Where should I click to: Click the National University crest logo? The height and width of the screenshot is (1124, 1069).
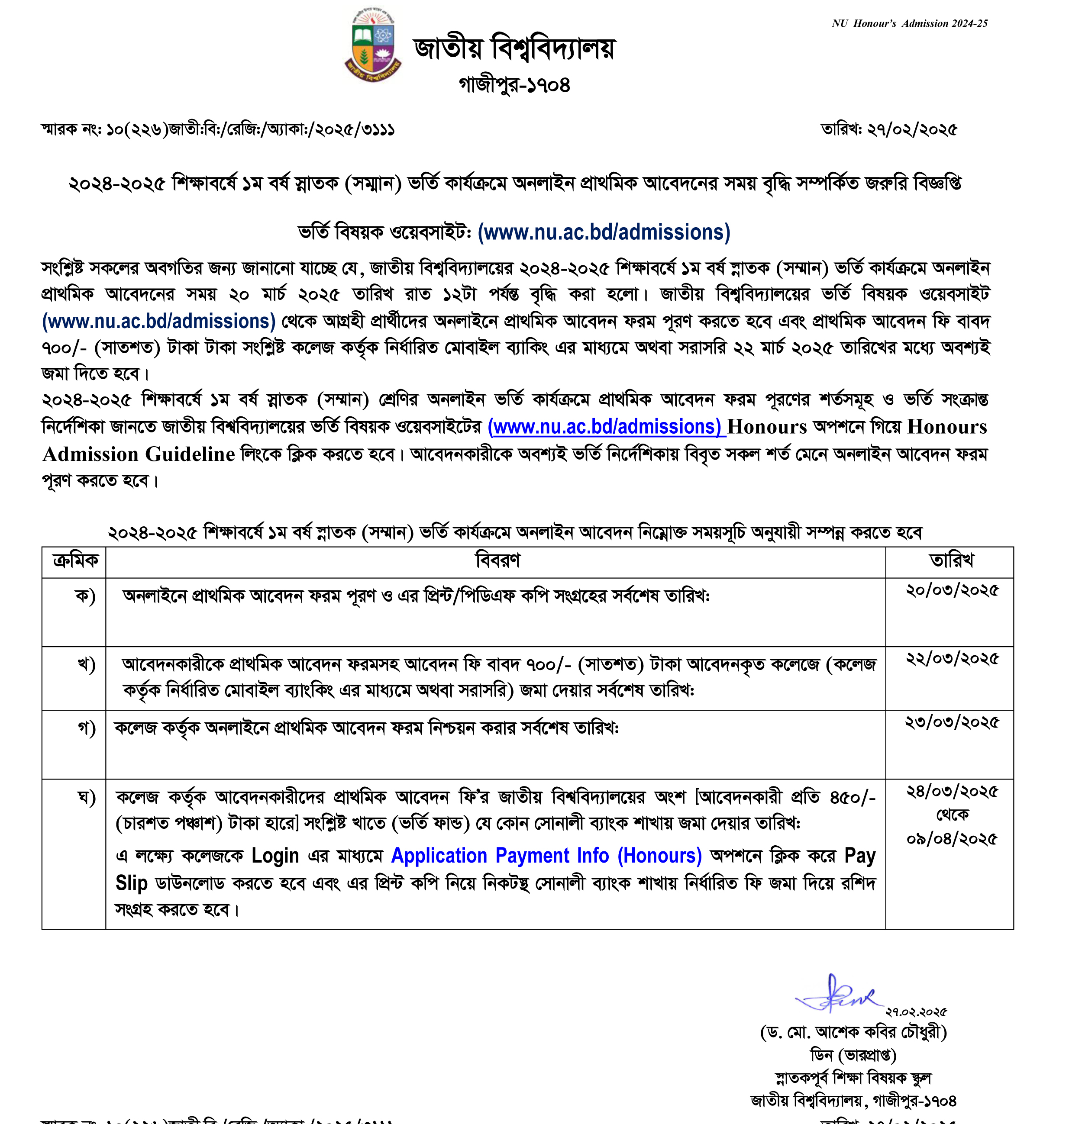[373, 45]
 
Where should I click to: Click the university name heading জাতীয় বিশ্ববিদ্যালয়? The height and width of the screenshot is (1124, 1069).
[514, 48]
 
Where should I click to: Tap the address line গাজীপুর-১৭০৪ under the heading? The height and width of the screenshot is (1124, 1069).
[514, 85]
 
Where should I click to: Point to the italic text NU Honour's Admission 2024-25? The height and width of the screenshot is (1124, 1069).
[909, 23]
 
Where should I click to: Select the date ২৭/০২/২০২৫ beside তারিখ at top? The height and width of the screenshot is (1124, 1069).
[912, 130]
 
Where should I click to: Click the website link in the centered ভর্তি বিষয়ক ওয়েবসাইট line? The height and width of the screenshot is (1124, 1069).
[604, 232]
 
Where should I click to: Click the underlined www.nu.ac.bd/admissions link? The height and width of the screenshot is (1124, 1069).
[606, 427]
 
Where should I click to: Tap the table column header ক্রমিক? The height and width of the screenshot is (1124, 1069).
[74, 561]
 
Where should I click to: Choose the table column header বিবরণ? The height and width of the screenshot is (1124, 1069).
[497, 561]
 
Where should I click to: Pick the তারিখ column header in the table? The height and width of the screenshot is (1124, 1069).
[950, 561]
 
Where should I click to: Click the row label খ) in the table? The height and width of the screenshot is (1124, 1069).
[86, 665]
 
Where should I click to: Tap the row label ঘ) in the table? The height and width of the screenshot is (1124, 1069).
[86, 798]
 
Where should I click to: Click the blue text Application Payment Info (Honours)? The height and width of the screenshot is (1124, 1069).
[546, 856]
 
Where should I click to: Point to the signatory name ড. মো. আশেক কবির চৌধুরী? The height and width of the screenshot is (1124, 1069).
[853, 1032]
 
